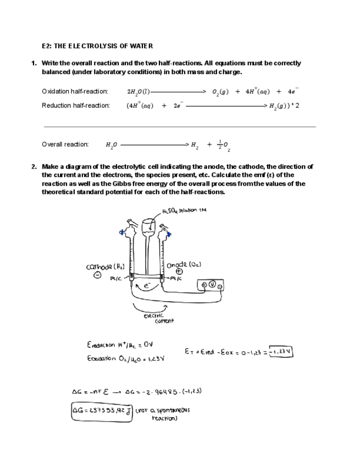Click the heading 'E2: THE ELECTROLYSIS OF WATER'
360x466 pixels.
coord(97,46)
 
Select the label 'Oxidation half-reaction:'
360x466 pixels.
coord(75,91)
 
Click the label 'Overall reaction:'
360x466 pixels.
coord(65,145)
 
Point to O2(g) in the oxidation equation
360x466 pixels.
coord(220,92)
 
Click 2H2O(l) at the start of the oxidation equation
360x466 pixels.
coord(137,92)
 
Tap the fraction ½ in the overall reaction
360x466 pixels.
coord(220,144)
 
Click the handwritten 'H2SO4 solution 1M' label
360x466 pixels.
coord(184,210)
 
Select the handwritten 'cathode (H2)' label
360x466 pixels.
coord(106,267)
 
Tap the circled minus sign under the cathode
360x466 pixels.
coord(97,276)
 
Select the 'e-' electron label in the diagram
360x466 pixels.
coord(147,286)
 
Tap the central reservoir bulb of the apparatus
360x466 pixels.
coord(147,227)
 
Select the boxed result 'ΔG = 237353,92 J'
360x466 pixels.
coord(102,410)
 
